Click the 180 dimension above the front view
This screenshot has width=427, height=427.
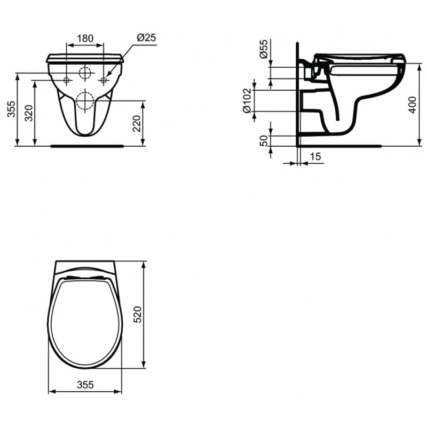(85, 38)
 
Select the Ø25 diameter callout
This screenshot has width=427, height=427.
(146, 38)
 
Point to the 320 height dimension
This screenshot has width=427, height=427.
(29, 113)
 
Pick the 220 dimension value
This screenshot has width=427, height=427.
(137, 124)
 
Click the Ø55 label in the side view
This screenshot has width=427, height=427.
(264, 49)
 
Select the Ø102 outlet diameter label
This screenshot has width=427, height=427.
(247, 100)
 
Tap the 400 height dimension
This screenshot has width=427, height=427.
(411, 105)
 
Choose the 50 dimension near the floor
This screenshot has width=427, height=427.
(263, 140)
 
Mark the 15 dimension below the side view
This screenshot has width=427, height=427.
(315, 156)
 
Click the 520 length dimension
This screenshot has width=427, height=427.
(137, 315)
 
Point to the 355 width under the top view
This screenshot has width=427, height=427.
(85, 384)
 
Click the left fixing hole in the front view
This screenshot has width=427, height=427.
(67, 81)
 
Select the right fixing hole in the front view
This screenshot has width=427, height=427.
(104, 81)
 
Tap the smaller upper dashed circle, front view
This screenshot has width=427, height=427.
(85, 73)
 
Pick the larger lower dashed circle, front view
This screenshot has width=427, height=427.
(85, 100)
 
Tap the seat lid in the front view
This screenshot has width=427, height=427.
(85, 58)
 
